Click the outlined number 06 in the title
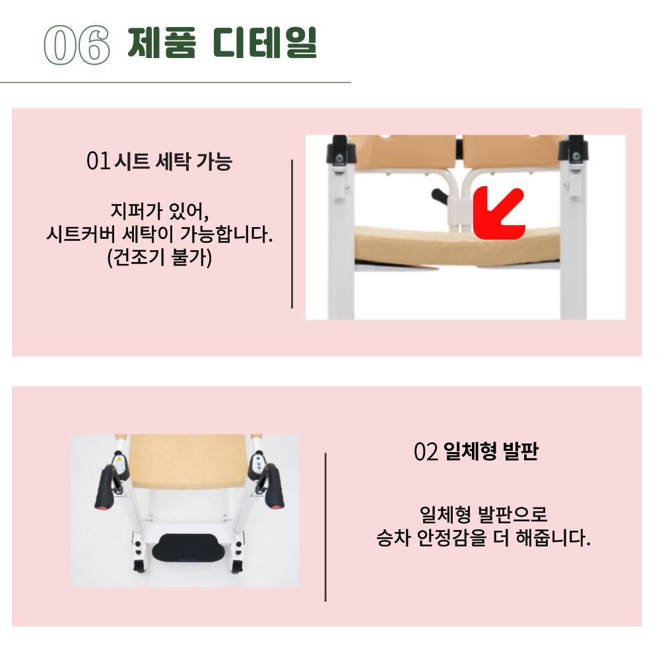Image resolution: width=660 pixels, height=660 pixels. pos(75,46)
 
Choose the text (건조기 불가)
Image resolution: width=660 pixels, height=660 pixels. pos(159,257)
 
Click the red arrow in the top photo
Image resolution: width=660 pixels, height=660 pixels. pos(498,213)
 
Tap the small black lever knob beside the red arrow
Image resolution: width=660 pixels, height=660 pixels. pos(439,196)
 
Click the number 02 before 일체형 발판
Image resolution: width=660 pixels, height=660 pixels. pos(426,452)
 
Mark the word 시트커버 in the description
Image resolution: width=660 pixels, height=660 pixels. pos(78,235)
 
